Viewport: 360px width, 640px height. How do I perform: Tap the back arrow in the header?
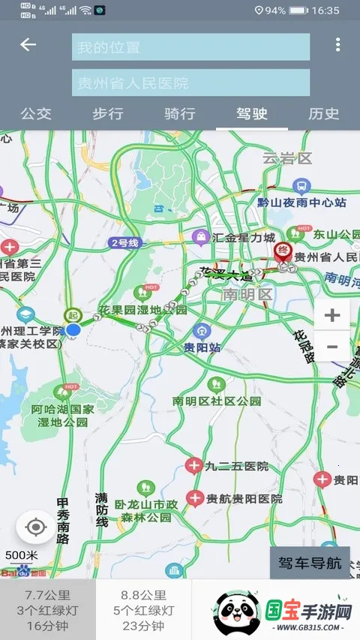(x=28, y=45)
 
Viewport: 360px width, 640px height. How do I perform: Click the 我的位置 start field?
(x=190, y=47)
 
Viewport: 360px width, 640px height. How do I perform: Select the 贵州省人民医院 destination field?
(x=190, y=83)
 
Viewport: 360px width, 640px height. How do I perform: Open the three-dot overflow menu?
(x=337, y=45)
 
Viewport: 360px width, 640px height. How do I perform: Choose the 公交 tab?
(x=36, y=114)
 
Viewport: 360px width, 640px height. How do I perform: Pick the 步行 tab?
(x=108, y=114)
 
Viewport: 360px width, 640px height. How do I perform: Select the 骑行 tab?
(x=180, y=114)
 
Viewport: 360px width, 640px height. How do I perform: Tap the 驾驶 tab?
(x=252, y=114)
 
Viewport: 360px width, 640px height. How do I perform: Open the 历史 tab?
(x=324, y=114)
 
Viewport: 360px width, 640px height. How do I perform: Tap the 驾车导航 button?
(x=310, y=563)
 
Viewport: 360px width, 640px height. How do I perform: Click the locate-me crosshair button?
(x=35, y=527)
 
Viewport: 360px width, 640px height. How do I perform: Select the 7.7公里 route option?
(x=48, y=610)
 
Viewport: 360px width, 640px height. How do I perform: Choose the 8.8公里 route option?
(x=143, y=610)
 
